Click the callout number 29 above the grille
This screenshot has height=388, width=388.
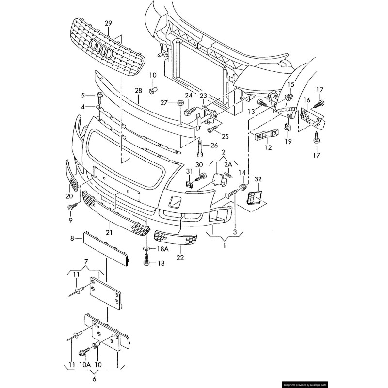coord(108,23)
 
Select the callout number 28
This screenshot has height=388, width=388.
coord(138,91)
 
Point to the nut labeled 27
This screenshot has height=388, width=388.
coord(179,103)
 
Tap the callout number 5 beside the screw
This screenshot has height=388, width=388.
coord(83,95)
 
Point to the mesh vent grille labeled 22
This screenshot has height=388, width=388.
coord(175,238)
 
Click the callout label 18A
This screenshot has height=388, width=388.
coord(162,249)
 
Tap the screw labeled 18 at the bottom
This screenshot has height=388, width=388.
coord(146,263)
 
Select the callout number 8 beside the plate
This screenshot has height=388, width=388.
coord(73,238)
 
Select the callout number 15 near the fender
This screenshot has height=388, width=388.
coord(290,85)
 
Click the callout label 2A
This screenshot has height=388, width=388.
coord(228,165)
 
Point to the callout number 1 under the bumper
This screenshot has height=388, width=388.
coord(224,246)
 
